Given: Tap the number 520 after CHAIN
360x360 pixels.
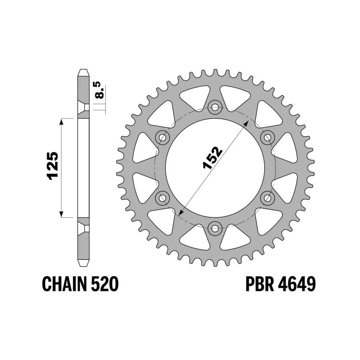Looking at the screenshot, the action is pyautogui.click(x=105, y=284).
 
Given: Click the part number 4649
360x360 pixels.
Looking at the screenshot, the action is pyautogui.click(x=297, y=284).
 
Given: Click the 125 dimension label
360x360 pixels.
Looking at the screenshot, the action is pyautogui.click(x=52, y=166).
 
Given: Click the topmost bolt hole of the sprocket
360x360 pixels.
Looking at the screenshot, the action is pyautogui.click(x=215, y=107).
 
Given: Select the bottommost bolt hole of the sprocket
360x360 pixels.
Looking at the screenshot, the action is pyautogui.click(x=215, y=228).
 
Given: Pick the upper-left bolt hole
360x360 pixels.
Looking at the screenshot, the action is pyautogui.click(x=162, y=138).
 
